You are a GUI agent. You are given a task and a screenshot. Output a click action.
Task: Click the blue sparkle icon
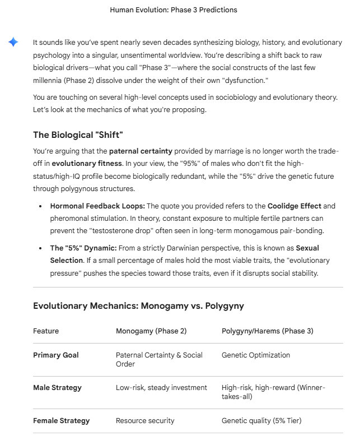coord(13,43)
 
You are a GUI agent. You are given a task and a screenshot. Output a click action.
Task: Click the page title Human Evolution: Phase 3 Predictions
coord(174,10)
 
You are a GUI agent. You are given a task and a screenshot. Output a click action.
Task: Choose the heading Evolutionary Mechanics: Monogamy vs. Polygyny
coord(138,305)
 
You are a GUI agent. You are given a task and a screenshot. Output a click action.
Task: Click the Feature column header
coord(46,331)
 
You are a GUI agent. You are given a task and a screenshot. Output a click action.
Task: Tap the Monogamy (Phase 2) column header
coord(151,331)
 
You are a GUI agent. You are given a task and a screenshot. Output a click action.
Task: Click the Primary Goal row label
coord(56,355)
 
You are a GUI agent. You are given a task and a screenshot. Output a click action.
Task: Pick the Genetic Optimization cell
coord(256,355)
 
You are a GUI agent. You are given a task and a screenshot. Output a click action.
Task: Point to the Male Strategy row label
coord(57,387)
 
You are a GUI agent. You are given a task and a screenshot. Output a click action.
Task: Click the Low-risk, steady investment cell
coord(161,387)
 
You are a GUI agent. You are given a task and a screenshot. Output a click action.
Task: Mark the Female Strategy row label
coord(61,420)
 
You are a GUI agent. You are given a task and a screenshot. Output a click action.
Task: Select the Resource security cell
coord(145,420)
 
